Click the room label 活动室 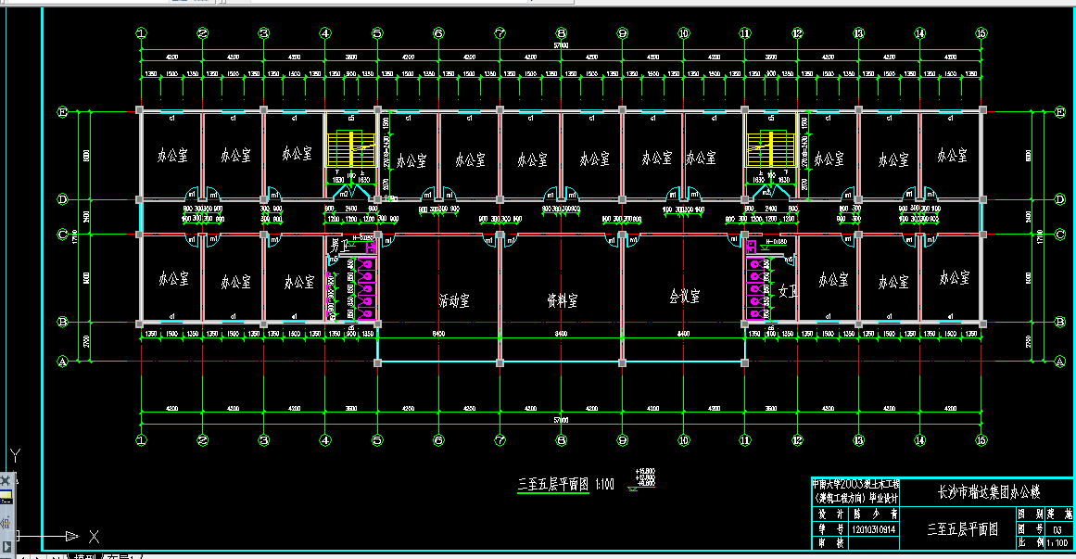[x=454, y=300]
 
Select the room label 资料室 [x=562, y=300]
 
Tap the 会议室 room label [x=684, y=297]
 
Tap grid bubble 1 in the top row [x=141, y=33]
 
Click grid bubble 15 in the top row [x=981, y=33]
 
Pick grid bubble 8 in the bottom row [x=561, y=440]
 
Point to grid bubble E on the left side [x=63, y=112]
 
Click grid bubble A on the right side [x=1060, y=361]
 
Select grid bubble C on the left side [x=63, y=235]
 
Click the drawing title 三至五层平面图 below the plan [x=553, y=484]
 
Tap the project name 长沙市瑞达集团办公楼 [x=989, y=492]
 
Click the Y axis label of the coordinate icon [x=15, y=455]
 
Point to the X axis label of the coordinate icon [x=93, y=536]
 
